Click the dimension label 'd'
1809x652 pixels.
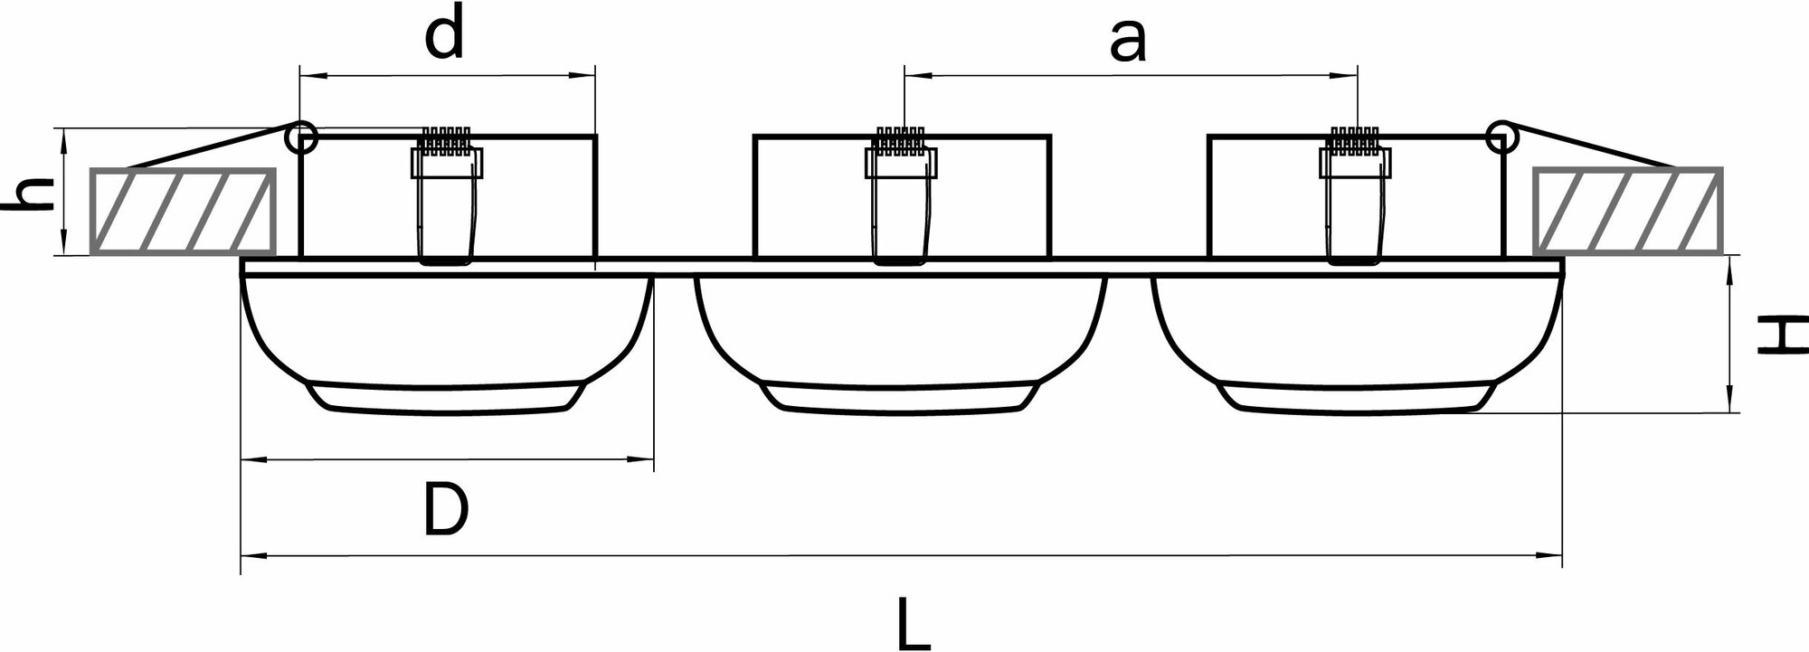[444, 37]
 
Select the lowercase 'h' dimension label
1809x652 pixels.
[28, 194]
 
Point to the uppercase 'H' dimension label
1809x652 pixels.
[1781, 335]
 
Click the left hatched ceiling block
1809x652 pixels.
[184, 210]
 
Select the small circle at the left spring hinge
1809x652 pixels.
[301, 138]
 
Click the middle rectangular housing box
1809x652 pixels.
[814, 194]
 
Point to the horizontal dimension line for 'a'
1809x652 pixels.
[1131, 76]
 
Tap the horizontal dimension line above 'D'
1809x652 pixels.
[447, 460]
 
